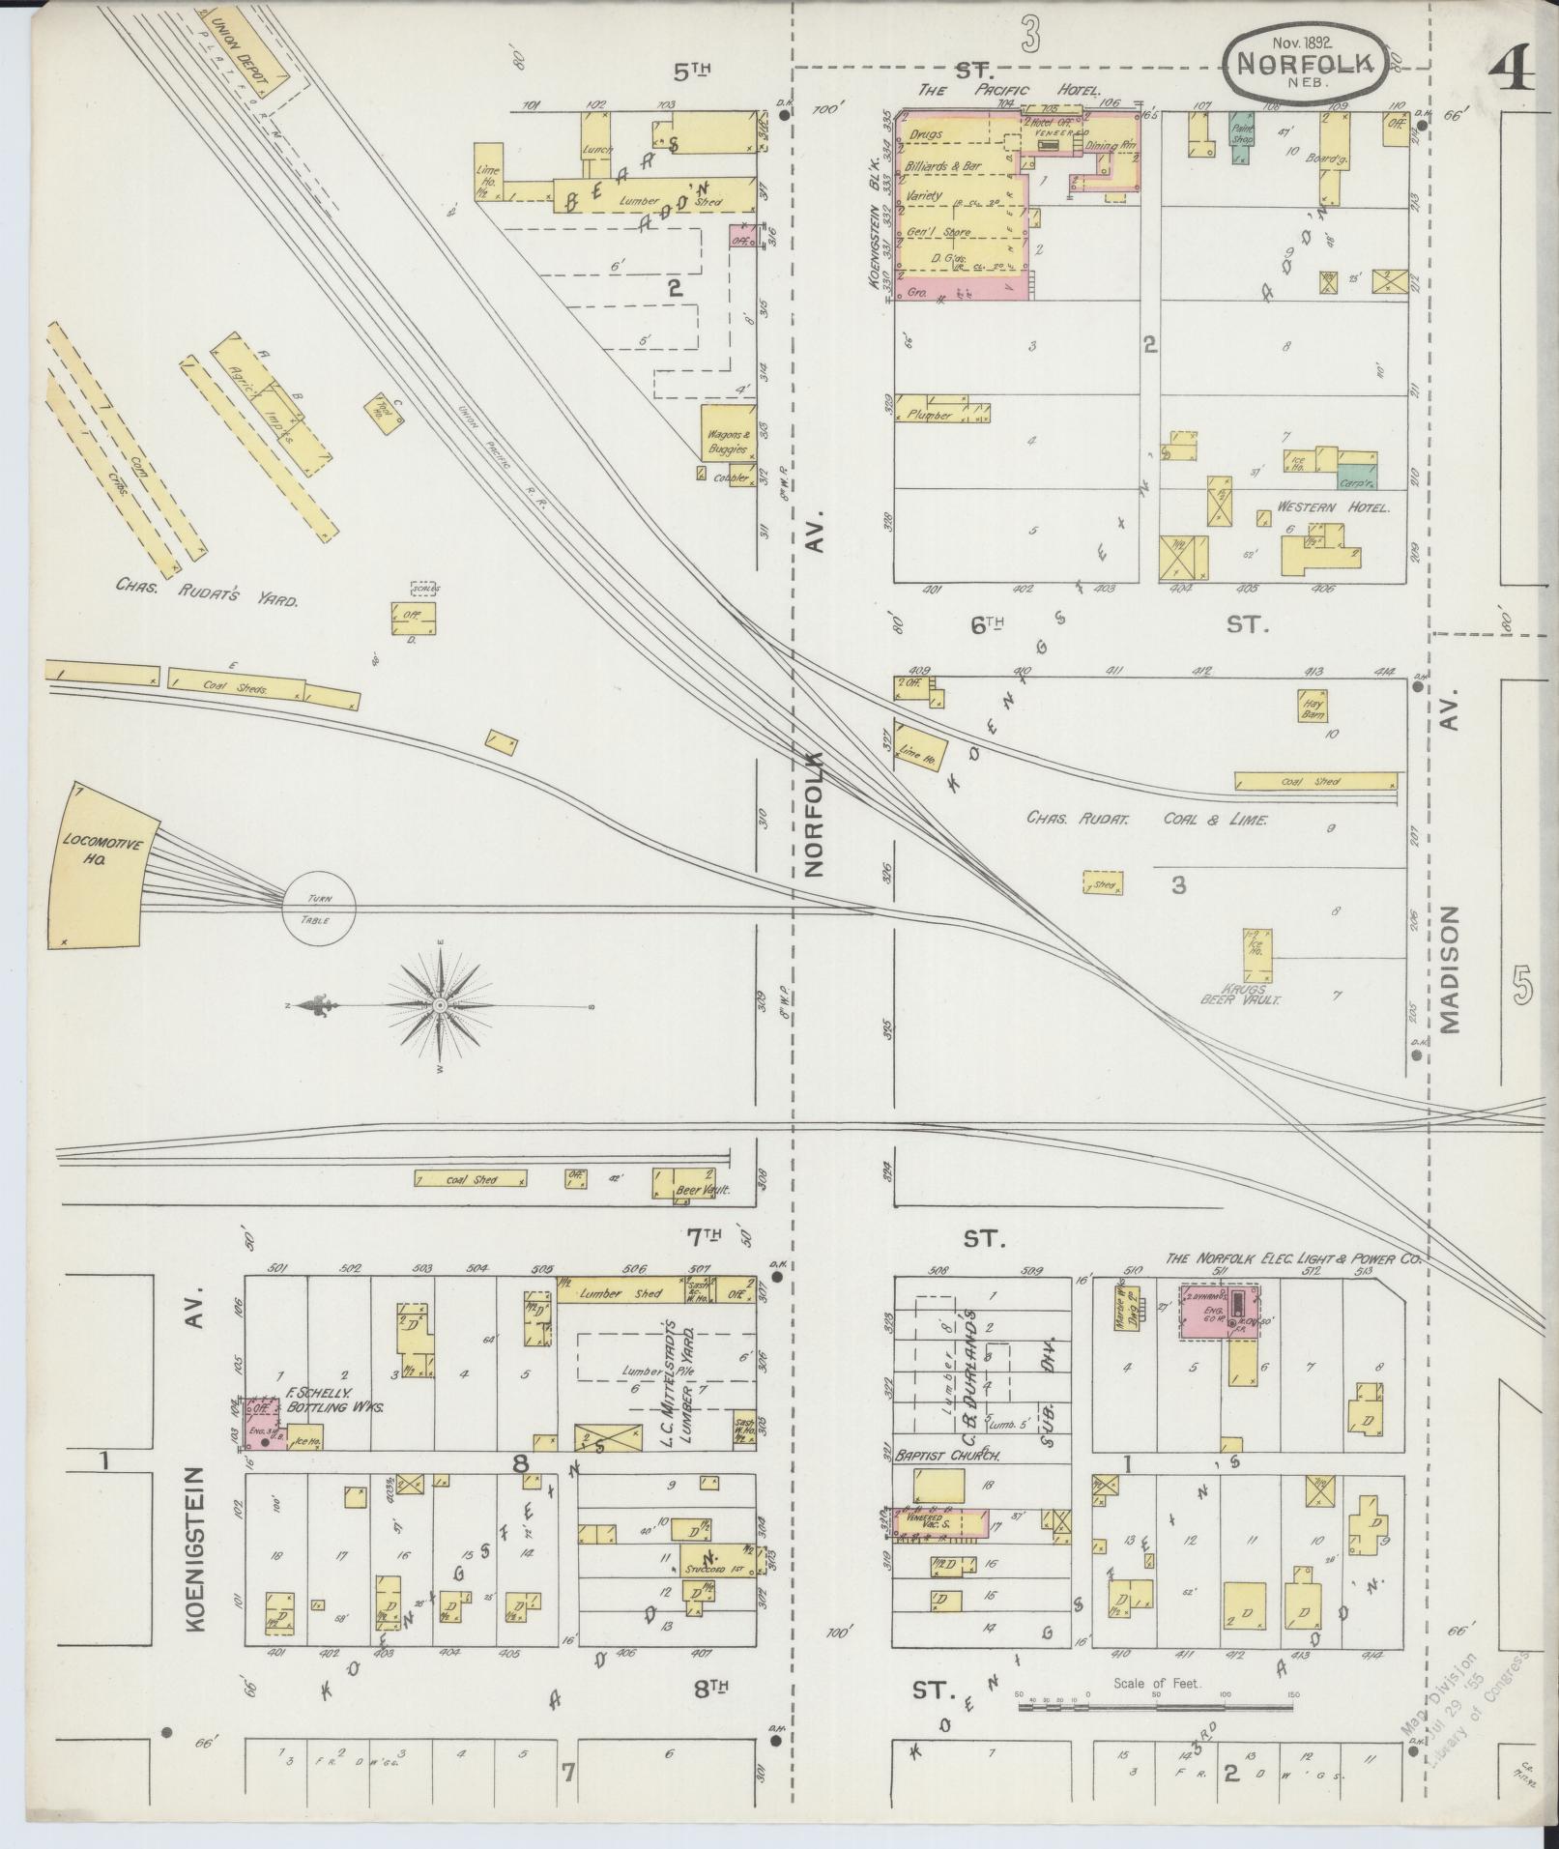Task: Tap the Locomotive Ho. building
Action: (x=101, y=865)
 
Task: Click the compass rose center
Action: (x=441, y=1006)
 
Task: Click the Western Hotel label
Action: (x=1332, y=507)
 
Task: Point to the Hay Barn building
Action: (x=1312, y=708)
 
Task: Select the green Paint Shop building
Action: (x=1241, y=131)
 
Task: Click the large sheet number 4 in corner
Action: (x=1511, y=68)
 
